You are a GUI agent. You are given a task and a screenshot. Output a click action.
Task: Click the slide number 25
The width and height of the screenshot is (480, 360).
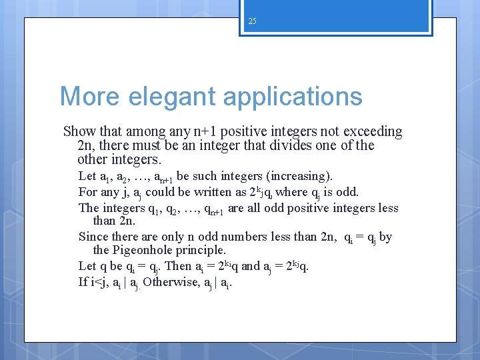click(252, 21)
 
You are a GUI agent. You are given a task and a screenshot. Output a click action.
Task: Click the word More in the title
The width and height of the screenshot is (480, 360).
click(89, 97)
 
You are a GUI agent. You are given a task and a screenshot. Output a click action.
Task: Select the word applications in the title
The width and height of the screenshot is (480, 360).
click(293, 97)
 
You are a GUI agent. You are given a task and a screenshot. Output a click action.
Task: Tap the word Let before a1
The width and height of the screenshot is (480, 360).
click(87, 176)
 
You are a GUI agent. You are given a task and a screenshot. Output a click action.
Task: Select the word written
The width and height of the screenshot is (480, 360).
click(205, 192)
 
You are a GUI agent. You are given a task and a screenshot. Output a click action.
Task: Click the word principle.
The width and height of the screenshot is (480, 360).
click(203, 250)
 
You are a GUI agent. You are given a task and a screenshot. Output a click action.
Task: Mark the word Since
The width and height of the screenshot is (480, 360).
click(93, 236)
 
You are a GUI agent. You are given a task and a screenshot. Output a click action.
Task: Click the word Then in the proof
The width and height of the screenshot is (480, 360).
click(177, 266)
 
